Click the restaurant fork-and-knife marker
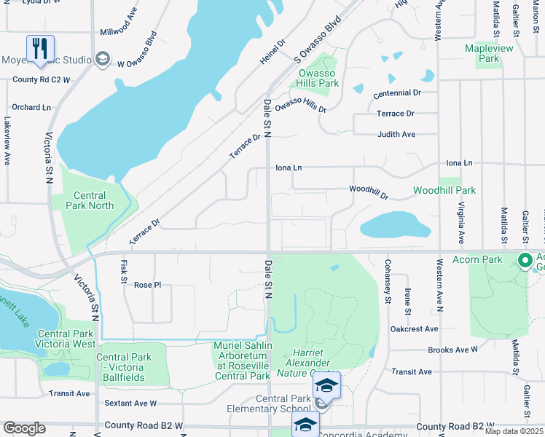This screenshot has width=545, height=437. [39, 49]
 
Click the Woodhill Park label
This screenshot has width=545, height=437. [444, 190]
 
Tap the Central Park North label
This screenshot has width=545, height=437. [90, 200]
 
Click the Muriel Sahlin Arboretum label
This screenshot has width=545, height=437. [243, 361]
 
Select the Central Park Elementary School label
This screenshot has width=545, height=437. [283, 403]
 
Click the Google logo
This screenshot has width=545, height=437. [24, 428]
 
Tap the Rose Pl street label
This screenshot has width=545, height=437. [147, 285]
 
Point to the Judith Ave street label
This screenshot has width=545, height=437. [396, 134]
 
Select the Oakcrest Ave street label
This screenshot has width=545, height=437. [414, 328]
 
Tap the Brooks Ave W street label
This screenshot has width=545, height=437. [452, 350]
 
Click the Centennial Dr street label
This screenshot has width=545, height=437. [397, 94]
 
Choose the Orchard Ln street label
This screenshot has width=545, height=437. [31, 107]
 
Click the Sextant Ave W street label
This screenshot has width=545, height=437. [131, 403]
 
